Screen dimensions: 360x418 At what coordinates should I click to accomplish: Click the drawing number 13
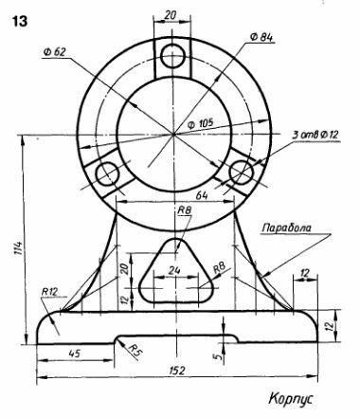point(20,22)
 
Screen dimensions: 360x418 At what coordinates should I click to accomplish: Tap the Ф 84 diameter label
point(261,37)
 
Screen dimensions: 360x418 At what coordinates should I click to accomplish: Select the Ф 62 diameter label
point(55,52)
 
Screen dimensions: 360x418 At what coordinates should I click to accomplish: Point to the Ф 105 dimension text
point(201,123)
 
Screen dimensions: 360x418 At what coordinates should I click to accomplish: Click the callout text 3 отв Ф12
point(315,135)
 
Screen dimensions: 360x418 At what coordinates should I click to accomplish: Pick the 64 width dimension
point(202,195)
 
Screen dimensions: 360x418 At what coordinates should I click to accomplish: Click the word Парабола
point(287,227)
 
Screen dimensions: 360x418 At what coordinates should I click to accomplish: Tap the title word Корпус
point(291,398)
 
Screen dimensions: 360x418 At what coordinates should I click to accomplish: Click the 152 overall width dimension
point(177,371)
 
